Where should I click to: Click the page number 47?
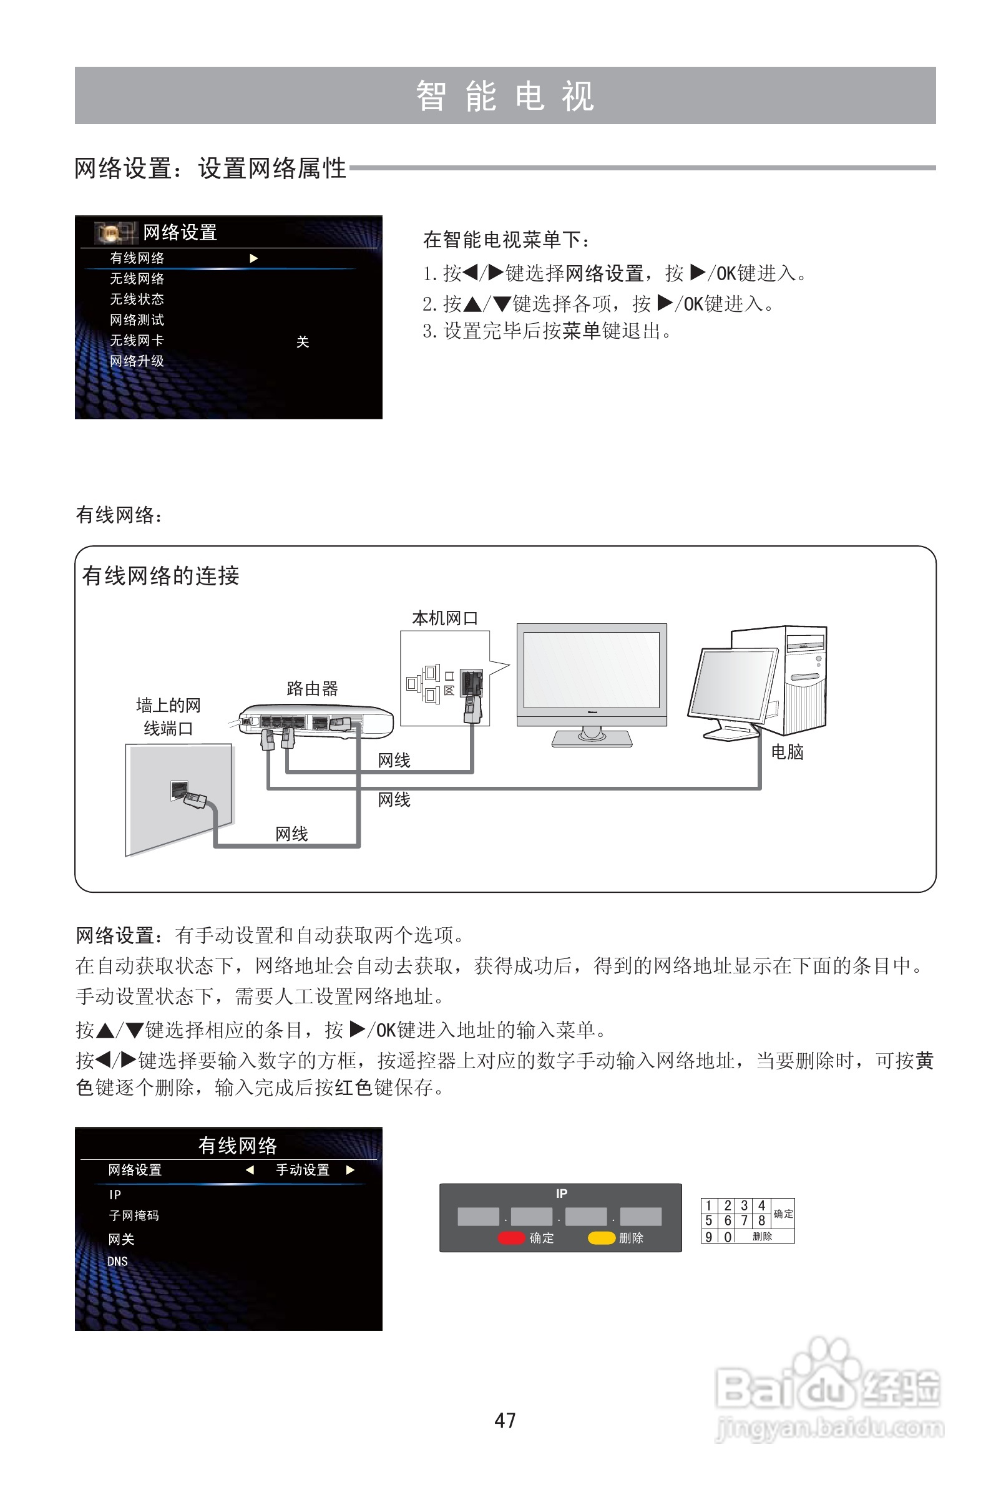tap(504, 1420)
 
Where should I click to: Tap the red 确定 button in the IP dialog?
tap(512, 1238)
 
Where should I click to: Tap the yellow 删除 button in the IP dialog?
tap(602, 1238)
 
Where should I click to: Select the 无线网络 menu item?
tap(137, 279)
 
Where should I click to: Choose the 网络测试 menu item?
tap(137, 319)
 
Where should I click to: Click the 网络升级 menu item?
tap(137, 361)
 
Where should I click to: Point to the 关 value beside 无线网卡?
tap(302, 342)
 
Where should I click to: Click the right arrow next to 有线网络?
tap(254, 258)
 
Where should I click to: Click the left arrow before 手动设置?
tap(250, 1170)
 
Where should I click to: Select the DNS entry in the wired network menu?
tap(117, 1262)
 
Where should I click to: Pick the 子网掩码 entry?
tap(134, 1215)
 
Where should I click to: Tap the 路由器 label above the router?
tap(312, 688)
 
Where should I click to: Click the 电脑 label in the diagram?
tap(787, 751)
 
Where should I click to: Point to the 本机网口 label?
tap(445, 618)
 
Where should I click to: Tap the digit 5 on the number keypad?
tap(709, 1220)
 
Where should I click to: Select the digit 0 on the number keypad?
tap(727, 1237)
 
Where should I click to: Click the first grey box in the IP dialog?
tap(478, 1216)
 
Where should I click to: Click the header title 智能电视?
tap(505, 96)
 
